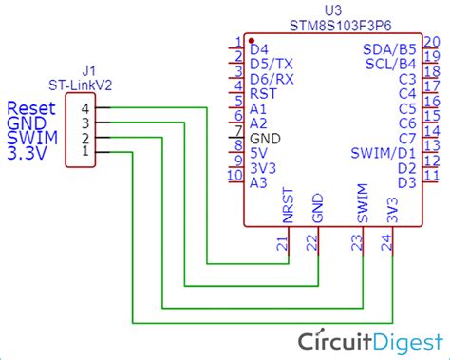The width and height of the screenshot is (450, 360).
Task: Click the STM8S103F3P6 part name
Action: [332, 23]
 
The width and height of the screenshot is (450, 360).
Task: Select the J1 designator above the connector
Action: [89, 70]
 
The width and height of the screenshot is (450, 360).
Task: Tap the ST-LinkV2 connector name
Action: [89, 85]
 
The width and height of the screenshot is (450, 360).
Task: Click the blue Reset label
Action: [28, 107]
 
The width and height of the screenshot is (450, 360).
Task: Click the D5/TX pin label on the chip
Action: [271, 63]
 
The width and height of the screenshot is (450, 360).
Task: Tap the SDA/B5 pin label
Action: [389, 47]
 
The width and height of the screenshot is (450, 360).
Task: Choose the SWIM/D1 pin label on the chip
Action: [384, 152]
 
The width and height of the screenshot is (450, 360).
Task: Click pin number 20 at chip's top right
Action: [431, 41]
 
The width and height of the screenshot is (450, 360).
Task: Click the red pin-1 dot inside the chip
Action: [251, 42]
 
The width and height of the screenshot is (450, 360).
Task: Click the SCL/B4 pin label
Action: [391, 63]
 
